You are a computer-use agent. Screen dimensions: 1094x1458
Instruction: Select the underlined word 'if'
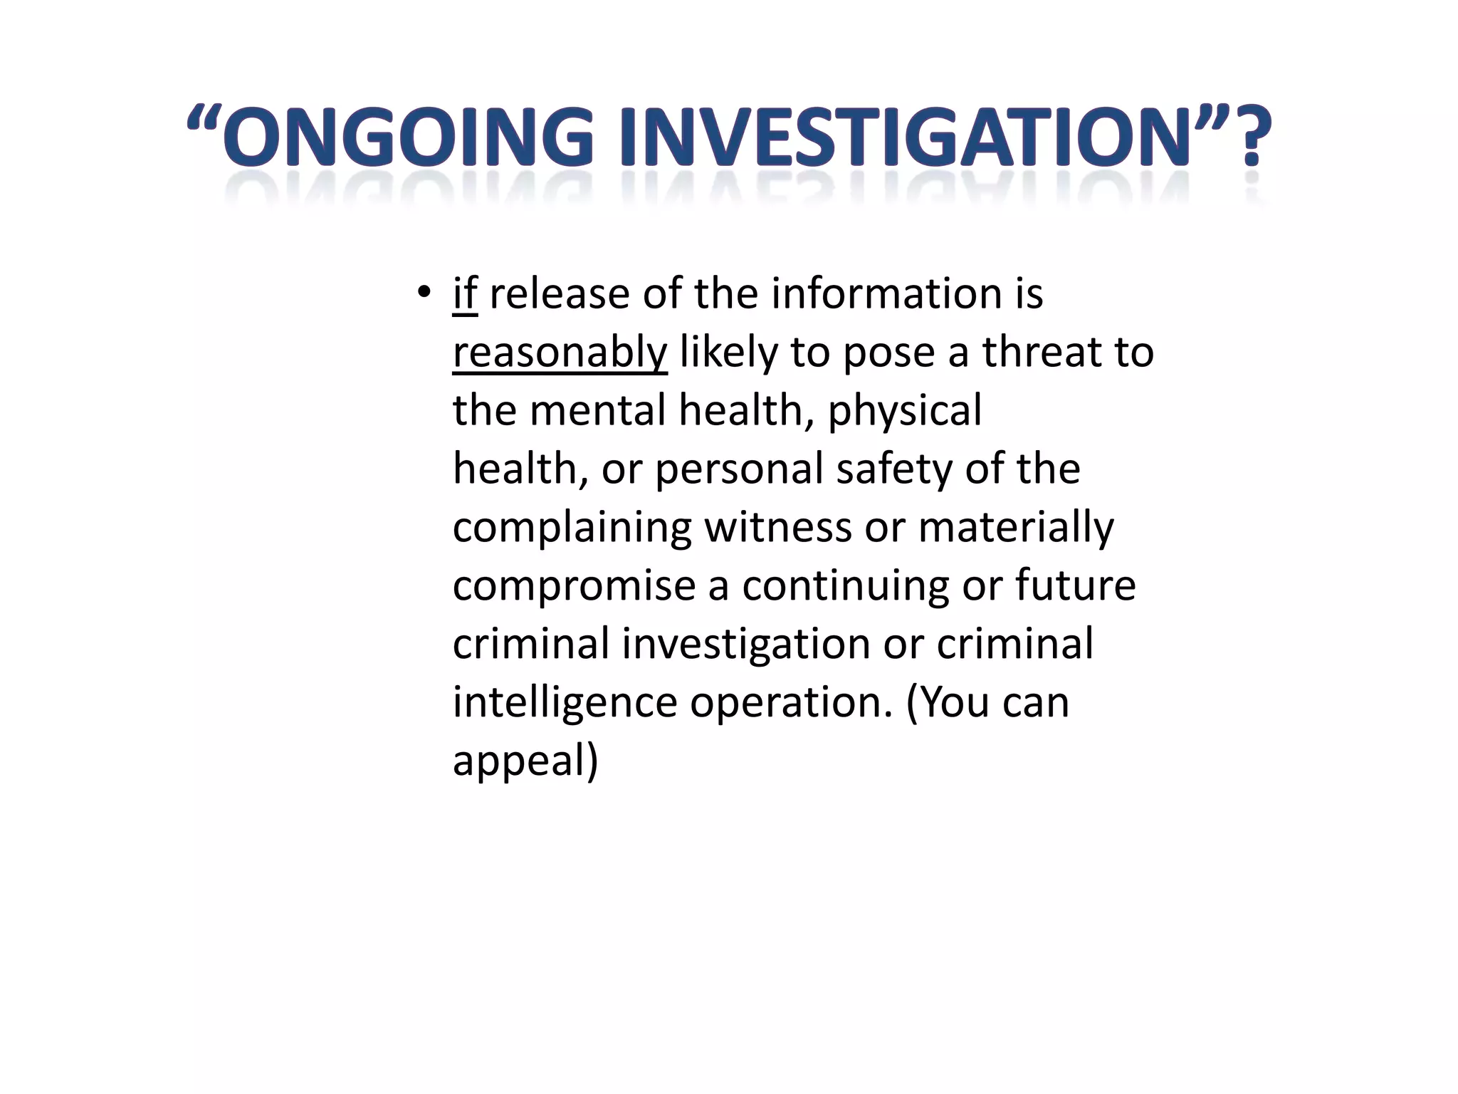464,293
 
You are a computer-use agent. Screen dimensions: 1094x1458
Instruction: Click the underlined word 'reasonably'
560,353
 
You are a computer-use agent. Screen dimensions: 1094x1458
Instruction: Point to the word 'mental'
597,411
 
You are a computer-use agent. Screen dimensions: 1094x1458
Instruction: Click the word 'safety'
894,469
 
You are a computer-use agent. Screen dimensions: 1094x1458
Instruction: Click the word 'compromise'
574,587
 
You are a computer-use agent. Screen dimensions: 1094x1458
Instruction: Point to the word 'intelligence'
565,704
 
